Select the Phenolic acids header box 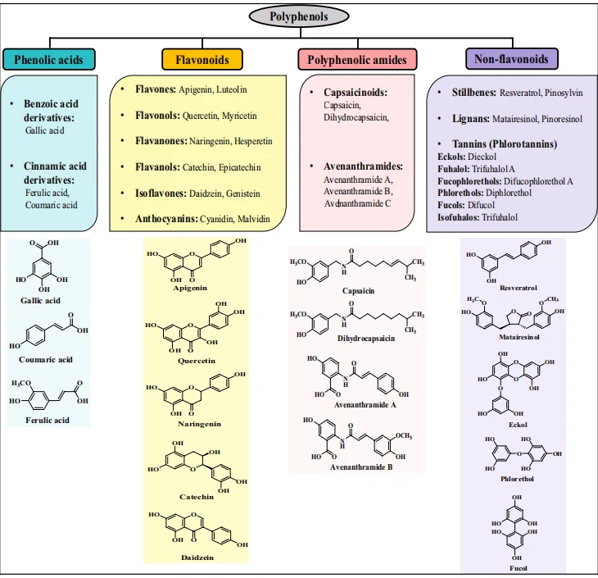tap(49, 59)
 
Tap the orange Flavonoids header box tap(202, 59)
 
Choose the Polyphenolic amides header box tap(357, 59)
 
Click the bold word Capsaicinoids tap(356, 93)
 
